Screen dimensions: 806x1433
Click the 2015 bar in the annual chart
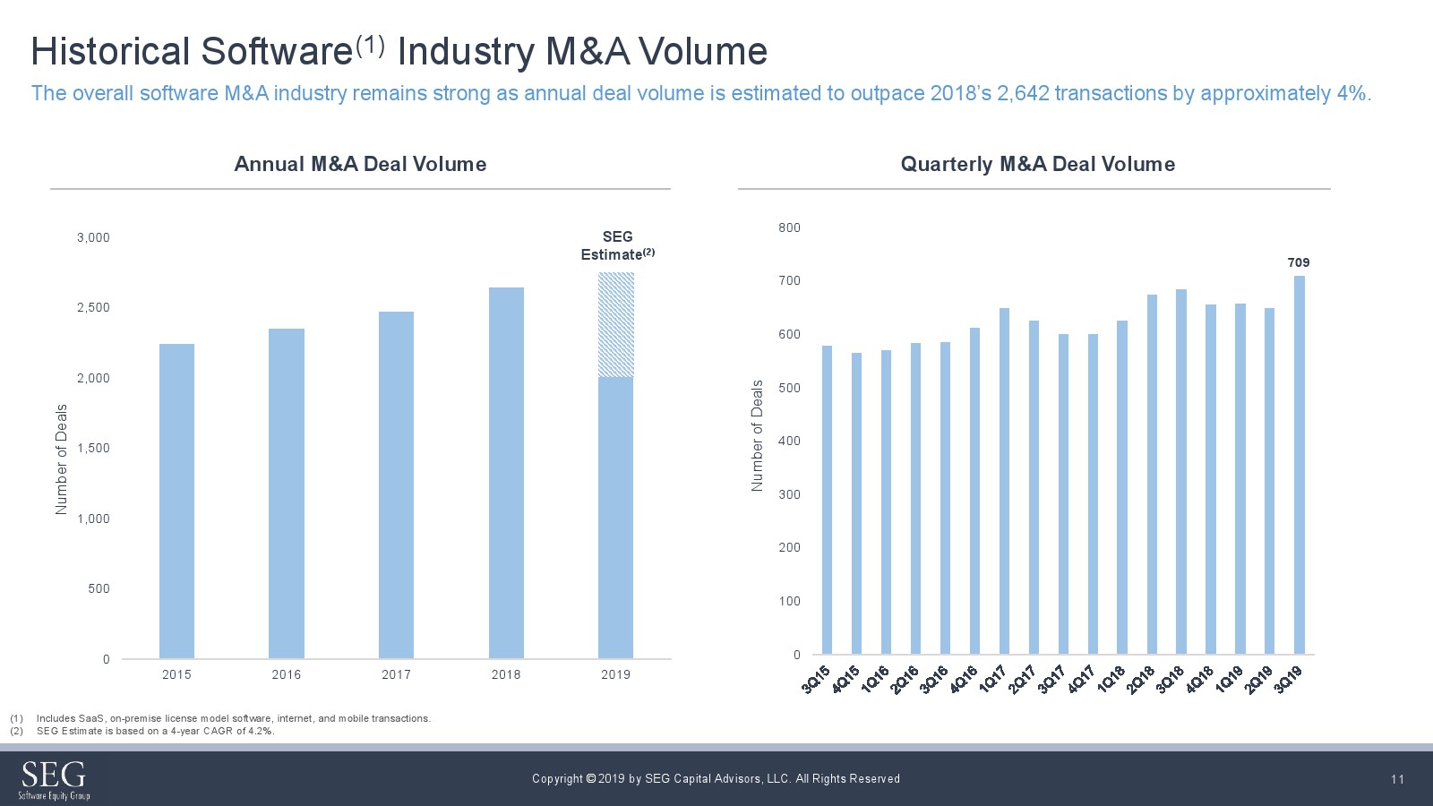pyautogui.click(x=176, y=502)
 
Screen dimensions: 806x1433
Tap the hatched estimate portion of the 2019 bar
pyautogui.click(x=616, y=324)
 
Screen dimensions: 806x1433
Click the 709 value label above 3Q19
pyautogui.click(x=1298, y=262)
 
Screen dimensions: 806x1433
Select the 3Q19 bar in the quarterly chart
pyautogui.click(x=1299, y=465)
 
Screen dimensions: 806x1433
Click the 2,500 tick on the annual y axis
pyautogui.click(x=93, y=307)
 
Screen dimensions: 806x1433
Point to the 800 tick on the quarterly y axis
pyautogui.click(x=789, y=227)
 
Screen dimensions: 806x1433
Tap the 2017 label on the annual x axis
pyautogui.click(x=396, y=674)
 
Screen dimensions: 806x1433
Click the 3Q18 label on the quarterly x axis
pyautogui.click(x=1170, y=680)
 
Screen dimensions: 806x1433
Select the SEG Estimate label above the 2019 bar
pyautogui.click(x=617, y=245)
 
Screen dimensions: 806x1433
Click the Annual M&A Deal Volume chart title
pyautogui.click(x=360, y=164)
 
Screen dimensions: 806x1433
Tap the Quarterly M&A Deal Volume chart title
pyautogui.click(x=1037, y=164)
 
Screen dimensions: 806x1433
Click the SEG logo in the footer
pyautogui.click(x=54, y=779)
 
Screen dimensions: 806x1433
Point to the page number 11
pyautogui.click(x=1397, y=779)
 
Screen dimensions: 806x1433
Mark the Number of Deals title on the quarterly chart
pyautogui.click(x=757, y=435)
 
